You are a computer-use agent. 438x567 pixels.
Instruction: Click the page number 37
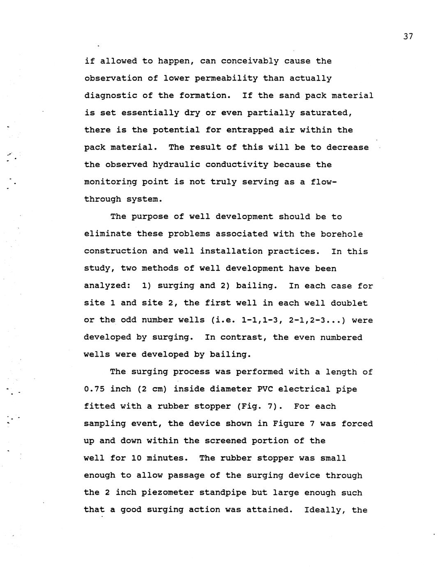[x=408, y=37]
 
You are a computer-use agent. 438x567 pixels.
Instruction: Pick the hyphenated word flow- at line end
[x=324, y=182]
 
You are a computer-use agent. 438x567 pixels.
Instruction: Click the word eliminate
[x=108, y=234]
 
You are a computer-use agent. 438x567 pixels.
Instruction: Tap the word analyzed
[x=107, y=286]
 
